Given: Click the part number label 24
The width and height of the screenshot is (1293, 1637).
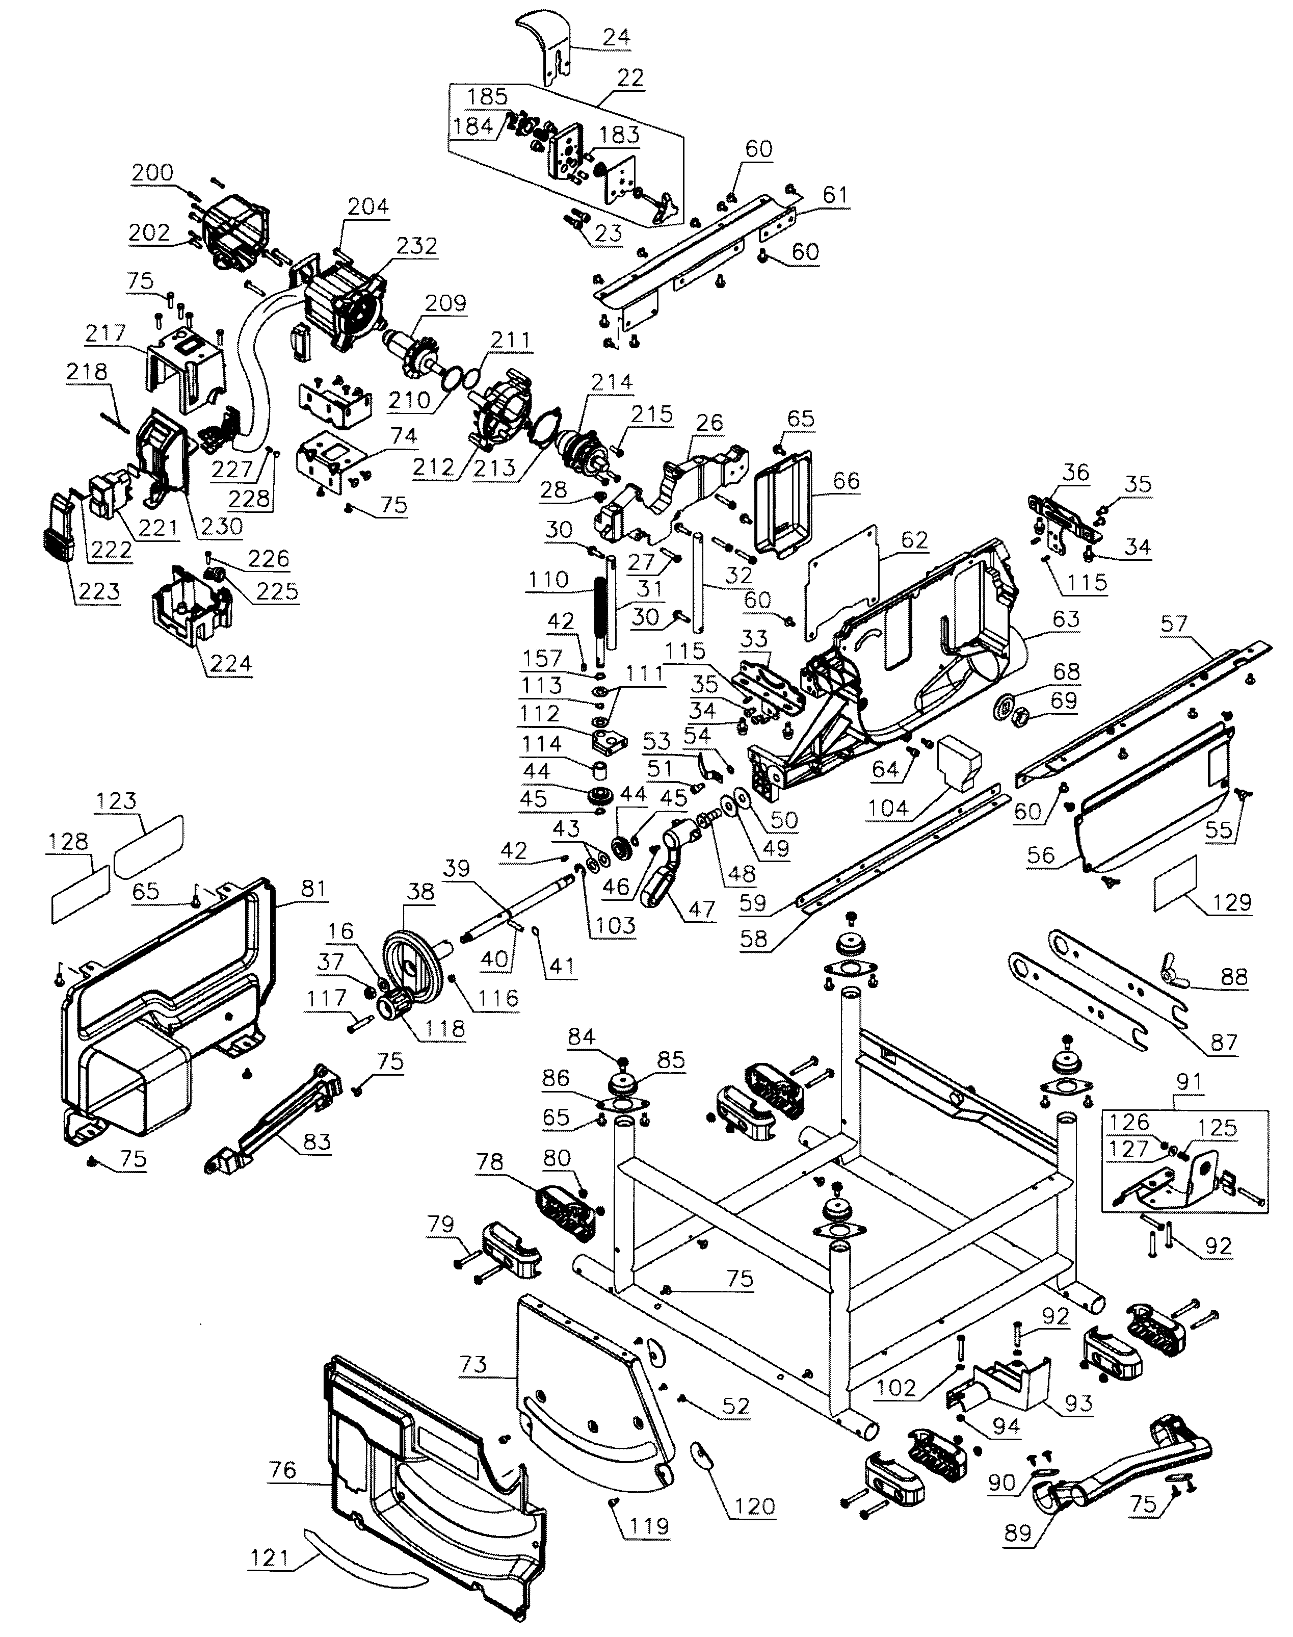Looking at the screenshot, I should [616, 36].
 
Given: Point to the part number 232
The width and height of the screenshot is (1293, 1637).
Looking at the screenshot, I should [417, 246].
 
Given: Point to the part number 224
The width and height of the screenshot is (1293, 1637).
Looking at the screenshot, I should [230, 664].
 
